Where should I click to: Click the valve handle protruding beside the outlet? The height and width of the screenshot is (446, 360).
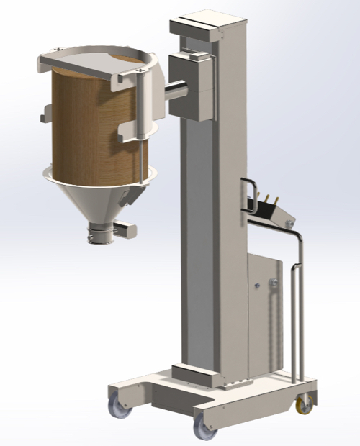(126, 229)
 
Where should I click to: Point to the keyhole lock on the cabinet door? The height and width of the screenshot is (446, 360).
(257, 286)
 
